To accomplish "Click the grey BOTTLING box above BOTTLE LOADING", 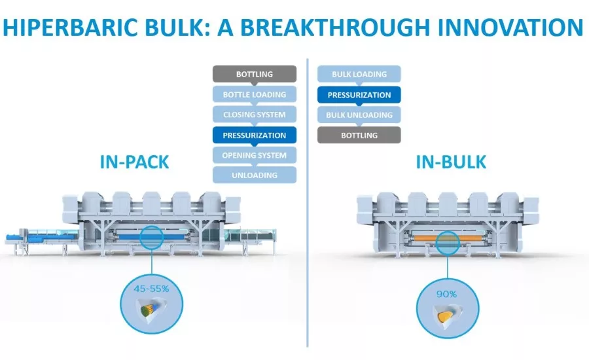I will coord(255,74).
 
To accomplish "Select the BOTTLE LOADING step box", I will coord(255,94).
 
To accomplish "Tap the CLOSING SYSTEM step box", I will coord(255,115).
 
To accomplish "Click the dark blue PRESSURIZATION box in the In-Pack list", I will coord(255,135).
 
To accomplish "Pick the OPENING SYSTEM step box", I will coord(255,155).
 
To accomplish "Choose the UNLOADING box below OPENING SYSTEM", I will coord(255,175).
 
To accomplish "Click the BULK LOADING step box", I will coord(359,74).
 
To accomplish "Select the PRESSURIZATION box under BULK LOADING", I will coord(359,95).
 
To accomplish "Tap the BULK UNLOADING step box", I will coord(359,115).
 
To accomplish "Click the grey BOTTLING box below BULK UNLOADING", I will coord(359,135).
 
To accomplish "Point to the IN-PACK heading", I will coord(134,162).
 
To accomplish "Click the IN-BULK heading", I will coord(452,162).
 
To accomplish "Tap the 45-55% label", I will coord(152,287).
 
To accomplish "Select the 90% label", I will coord(446,294).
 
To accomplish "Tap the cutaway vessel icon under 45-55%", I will coord(151,311).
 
